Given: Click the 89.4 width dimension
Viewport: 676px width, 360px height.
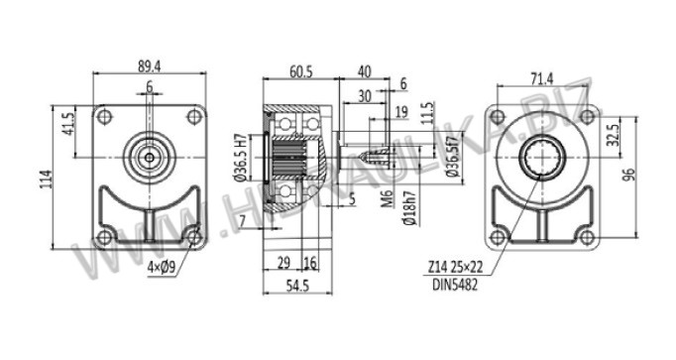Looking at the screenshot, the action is tap(149, 66).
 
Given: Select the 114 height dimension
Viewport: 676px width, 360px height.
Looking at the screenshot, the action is tap(46, 179).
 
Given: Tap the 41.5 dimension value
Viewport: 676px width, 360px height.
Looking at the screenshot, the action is tap(69, 124).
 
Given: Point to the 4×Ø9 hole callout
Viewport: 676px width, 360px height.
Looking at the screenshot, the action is tap(162, 268).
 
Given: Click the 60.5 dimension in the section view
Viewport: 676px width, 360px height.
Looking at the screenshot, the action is tap(301, 71).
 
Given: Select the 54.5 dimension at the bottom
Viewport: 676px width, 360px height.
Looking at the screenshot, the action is tap(298, 286).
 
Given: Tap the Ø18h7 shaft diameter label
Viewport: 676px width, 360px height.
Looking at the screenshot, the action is tap(410, 208).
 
